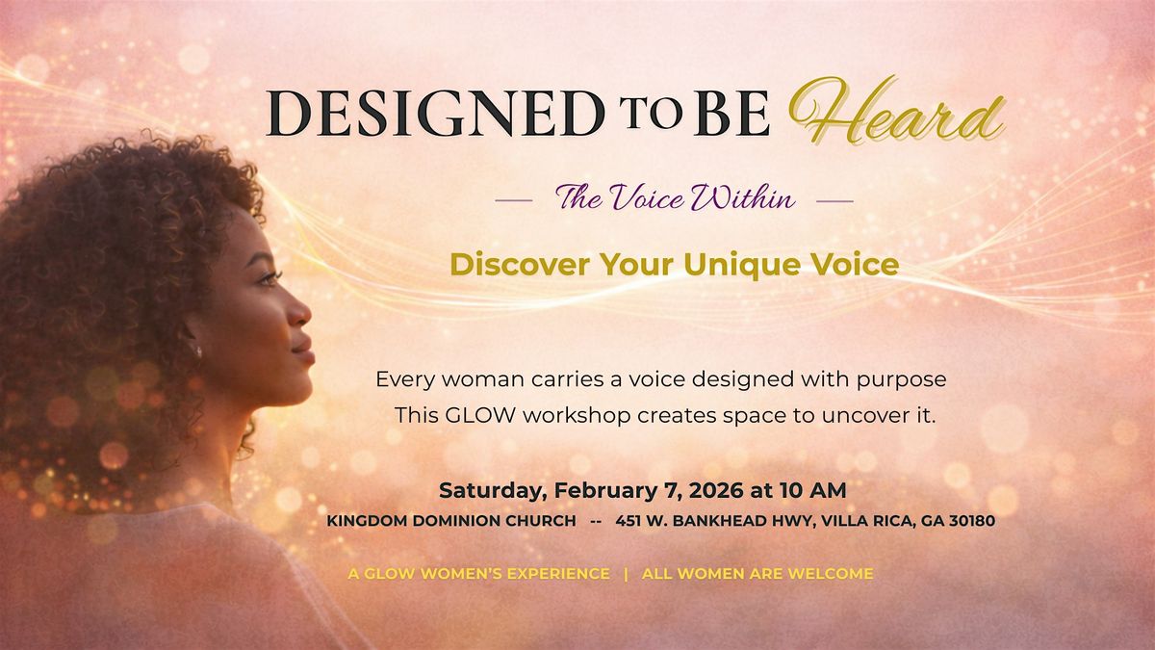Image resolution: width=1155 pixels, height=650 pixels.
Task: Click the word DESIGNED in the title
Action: coord(435,114)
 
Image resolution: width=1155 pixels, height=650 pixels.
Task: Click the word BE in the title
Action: coord(731,114)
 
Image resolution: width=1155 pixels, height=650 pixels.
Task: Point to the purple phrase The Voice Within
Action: coord(675,198)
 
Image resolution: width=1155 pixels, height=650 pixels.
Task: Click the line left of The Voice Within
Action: coord(514,200)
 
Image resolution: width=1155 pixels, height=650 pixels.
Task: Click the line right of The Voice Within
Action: coord(834,200)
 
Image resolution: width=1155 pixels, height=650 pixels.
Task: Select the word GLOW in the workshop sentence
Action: coord(479,415)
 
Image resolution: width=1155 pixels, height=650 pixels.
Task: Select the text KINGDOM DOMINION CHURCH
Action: coord(451,521)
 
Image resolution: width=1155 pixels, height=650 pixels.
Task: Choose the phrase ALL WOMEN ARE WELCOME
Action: coord(757,574)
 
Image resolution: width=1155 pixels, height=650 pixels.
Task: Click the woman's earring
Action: coord(198,351)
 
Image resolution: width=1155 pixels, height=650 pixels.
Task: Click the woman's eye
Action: coord(269,278)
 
